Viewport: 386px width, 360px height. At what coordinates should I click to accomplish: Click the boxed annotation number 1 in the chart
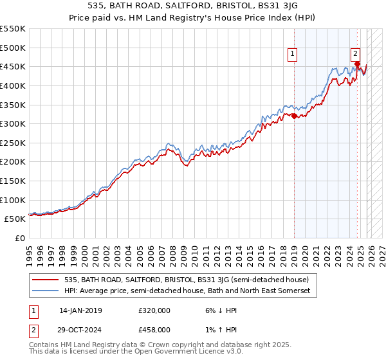click(293, 55)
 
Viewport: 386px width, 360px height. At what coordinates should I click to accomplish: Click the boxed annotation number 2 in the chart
click(355, 55)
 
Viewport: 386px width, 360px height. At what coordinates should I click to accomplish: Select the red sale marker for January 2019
click(294, 116)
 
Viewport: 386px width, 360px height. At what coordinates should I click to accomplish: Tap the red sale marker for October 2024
click(357, 64)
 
